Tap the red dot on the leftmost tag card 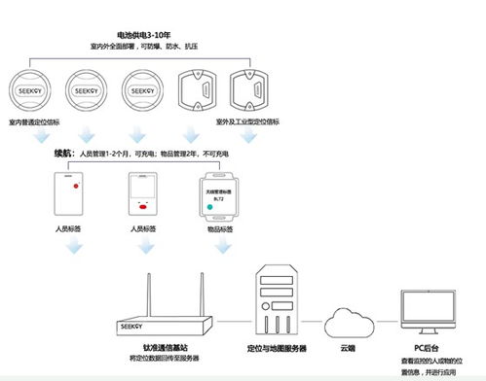74,182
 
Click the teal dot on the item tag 208,203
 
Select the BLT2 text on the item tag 219,198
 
